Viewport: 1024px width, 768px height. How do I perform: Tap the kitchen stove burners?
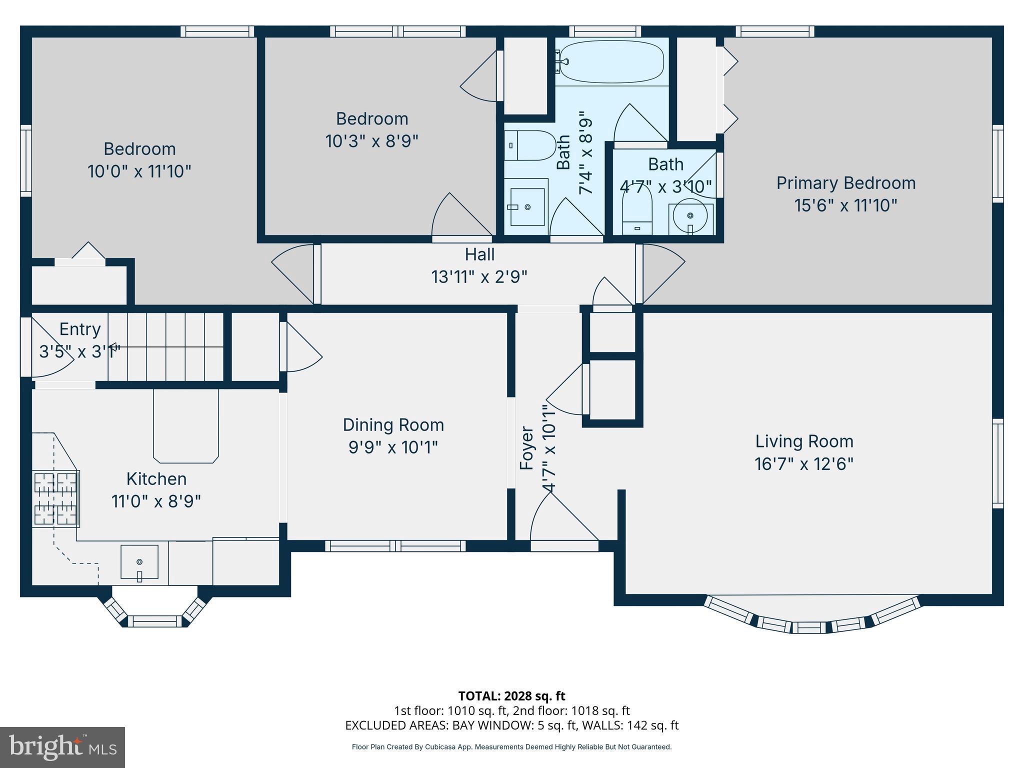coord(55,498)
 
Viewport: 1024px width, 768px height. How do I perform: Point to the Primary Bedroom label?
coord(845,183)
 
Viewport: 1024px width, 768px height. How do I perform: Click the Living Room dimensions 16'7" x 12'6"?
coord(803,464)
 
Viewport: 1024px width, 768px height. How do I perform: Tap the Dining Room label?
coord(393,425)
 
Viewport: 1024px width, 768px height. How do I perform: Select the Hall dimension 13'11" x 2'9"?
coord(479,276)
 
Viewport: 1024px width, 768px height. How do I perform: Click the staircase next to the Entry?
coord(165,346)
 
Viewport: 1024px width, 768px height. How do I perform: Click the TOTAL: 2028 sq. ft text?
coord(511,696)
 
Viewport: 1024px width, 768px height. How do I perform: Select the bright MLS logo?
coord(62,747)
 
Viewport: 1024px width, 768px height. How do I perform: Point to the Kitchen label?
coord(156,479)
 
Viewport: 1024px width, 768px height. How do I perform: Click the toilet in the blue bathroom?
coord(529,145)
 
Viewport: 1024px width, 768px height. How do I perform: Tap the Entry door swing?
coord(50,350)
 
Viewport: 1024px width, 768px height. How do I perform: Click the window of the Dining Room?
coord(395,546)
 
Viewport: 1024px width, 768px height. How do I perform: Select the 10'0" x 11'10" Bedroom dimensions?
coord(139,172)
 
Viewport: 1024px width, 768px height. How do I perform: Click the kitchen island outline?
coord(186,426)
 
